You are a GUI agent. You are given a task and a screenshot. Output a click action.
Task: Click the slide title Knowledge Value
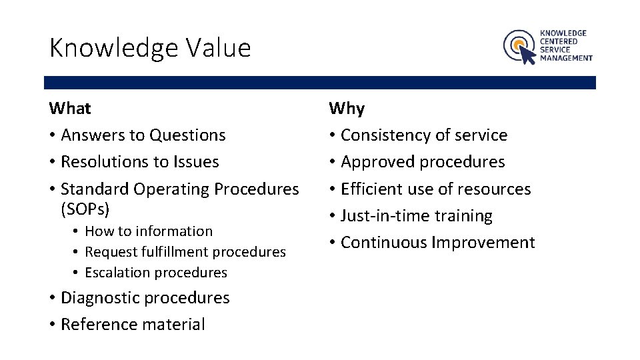pyautogui.click(x=150, y=48)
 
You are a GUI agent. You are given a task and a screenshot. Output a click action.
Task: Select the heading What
pyautogui.click(x=70, y=108)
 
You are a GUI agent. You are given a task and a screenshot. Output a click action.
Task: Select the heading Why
pyautogui.click(x=347, y=108)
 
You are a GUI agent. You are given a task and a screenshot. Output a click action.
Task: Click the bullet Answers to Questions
pyautogui.click(x=143, y=135)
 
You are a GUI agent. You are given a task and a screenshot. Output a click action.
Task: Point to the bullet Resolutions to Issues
pyautogui.click(x=139, y=162)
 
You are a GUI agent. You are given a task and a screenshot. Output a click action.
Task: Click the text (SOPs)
pyautogui.click(x=85, y=209)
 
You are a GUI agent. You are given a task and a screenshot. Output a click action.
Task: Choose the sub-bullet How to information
pyautogui.click(x=148, y=231)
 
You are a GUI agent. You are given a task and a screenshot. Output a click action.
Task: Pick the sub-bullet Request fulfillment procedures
pyautogui.click(x=185, y=252)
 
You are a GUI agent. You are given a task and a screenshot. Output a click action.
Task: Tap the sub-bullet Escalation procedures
pyautogui.click(x=155, y=273)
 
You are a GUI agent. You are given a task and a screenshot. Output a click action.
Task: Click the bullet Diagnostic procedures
pyautogui.click(x=145, y=298)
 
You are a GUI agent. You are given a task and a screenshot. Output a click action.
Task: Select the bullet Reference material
pyautogui.click(x=133, y=325)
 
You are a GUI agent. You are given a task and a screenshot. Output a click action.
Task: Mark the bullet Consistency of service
pyautogui.click(x=423, y=135)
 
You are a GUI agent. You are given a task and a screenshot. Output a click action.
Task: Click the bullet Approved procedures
pyautogui.click(x=422, y=162)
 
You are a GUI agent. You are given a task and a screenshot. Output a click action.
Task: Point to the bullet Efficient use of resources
pyautogui.click(x=435, y=189)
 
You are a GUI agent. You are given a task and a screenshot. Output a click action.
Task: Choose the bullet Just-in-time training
pyautogui.click(x=416, y=216)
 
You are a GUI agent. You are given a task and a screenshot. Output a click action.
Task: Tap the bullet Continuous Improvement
pyautogui.click(x=437, y=243)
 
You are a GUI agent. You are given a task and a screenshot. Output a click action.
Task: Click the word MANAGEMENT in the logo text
pyautogui.click(x=566, y=58)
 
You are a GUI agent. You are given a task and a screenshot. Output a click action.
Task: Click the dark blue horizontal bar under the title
pyautogui.click(x=320, y=83)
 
